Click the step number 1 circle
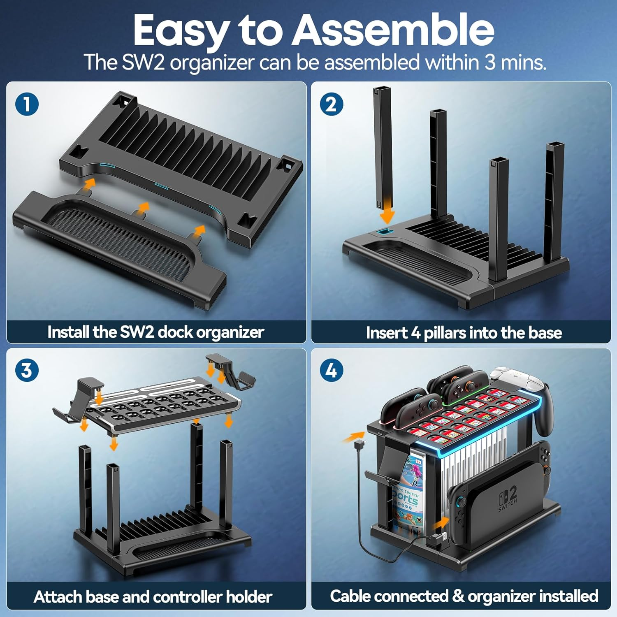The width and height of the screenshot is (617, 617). click(x=27, y=104)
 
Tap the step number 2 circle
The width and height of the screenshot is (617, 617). click(x=332, y=104)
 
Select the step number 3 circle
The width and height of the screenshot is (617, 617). click(x=27, y=370)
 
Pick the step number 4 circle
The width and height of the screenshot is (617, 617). click(x=332, y=370)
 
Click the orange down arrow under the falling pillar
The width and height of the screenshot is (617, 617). click(x=387, y=213)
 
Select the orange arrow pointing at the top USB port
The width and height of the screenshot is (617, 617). click(x=353, y=437)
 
